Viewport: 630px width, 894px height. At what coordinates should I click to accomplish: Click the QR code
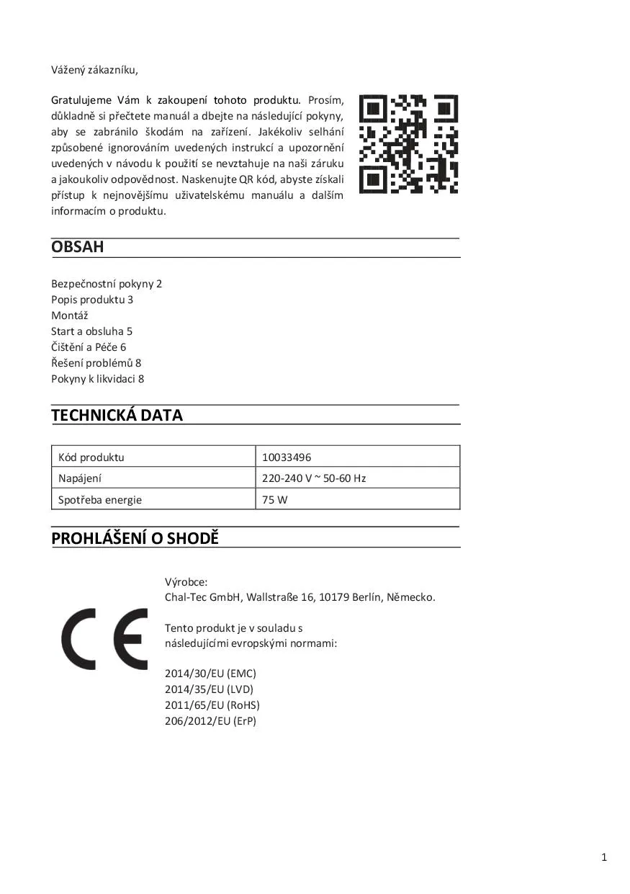click(408, 144)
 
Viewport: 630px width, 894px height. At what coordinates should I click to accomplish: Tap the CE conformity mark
click(104, 639)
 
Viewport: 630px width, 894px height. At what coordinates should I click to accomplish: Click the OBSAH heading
click(78, 247)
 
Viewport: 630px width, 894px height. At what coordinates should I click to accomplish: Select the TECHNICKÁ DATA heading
click(117, 415)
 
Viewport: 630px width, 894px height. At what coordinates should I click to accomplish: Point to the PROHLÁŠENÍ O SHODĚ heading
click(135, 538)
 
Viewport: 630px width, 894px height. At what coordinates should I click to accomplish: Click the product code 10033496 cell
click(287, 457)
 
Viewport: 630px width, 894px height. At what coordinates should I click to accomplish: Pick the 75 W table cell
click(274, 499)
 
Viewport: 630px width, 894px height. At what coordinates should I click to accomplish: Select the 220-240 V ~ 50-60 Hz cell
click(314, 478)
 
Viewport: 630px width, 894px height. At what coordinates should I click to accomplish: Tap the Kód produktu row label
click(91, 457)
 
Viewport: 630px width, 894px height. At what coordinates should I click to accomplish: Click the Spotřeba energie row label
click(100, 499)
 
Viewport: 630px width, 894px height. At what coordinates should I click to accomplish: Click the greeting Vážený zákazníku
click(94, 70)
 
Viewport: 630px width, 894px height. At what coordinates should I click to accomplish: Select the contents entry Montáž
click(69, 316)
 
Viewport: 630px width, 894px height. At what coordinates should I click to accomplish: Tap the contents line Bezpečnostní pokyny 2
click(107, 284)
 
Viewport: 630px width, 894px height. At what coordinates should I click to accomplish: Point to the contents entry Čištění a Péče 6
click(89, 347)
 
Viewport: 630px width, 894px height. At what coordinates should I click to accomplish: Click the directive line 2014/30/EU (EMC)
click(210, 674)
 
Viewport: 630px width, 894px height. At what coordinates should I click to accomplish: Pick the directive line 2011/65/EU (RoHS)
click(212, 705)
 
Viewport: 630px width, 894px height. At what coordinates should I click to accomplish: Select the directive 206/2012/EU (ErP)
click(210, 721)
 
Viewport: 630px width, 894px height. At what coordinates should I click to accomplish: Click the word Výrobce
click(186, 581)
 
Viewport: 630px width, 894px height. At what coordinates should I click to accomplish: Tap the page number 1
click(604, 857)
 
